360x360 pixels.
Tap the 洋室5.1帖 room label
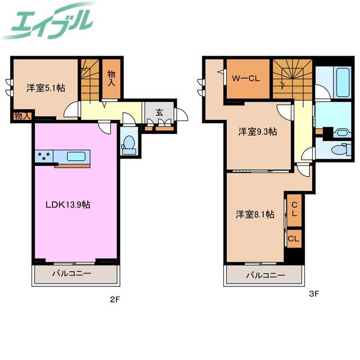point(46,88)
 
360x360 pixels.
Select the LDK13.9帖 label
point(68,204)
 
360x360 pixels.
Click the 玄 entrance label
point(159,112)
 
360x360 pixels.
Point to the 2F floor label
point(115,299)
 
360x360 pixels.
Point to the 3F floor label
point(314,294)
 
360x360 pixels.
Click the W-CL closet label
point(246,79)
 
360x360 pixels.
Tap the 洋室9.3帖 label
point(258,132)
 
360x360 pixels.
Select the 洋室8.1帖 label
point(255,214)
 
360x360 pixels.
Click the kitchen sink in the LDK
point(76,156)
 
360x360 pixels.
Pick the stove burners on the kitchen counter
point(44,156)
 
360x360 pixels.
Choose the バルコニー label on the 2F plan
point(71,273)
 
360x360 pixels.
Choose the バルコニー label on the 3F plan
point(265,275)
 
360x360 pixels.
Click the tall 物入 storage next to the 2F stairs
point(111,79)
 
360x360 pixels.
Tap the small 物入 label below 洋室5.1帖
point(22,116)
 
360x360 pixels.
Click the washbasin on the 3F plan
point(343,133)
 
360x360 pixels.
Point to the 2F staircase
point(90,80)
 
